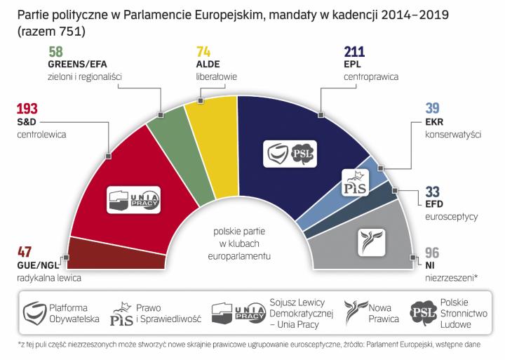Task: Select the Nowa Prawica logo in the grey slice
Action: pyautogui.click(x=372, y=241)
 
